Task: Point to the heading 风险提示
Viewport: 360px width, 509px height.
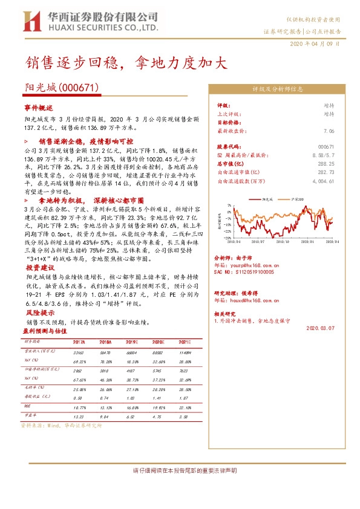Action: point(38,313)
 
